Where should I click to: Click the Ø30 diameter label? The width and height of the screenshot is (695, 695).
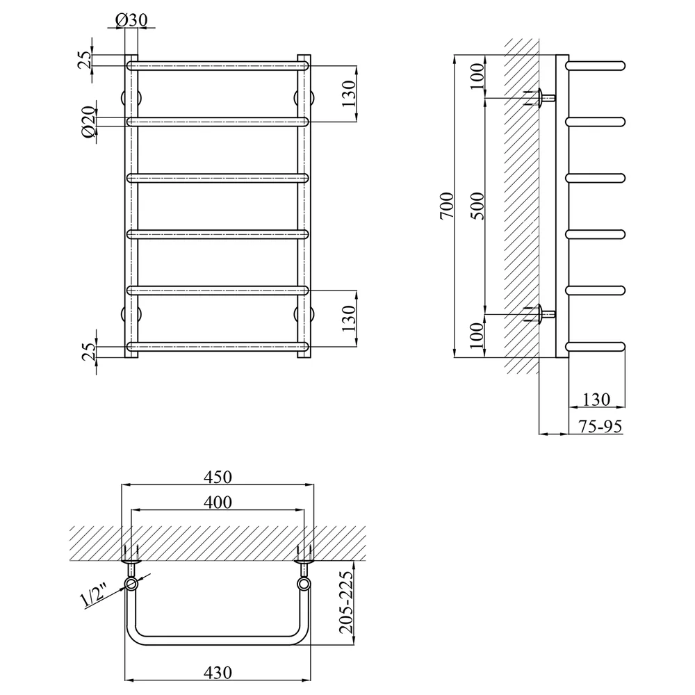(131, 20)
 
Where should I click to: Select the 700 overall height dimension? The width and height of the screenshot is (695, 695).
(447, 205)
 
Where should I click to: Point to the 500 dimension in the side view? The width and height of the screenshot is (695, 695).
(477, 206)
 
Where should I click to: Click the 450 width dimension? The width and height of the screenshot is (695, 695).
(218, 477)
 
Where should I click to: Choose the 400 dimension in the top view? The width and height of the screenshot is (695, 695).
(218, 502)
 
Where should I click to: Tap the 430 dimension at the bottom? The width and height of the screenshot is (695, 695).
(218, 672)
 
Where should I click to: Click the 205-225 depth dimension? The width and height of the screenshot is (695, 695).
(345, 602)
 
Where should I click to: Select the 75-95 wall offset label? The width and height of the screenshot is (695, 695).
(600, 427)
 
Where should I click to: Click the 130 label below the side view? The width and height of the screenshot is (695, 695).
(596, 400)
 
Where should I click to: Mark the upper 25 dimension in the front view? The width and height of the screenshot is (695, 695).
(85, 59)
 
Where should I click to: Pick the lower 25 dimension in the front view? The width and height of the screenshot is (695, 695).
(89, 352)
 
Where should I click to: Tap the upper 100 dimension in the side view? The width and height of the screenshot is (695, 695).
(477, 76)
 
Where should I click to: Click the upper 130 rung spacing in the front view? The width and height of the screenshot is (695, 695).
(349, 94)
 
